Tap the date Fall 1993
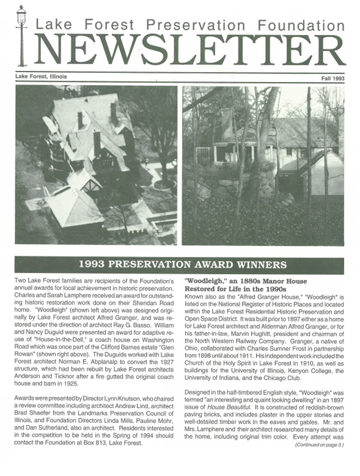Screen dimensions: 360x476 [333, 79]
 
